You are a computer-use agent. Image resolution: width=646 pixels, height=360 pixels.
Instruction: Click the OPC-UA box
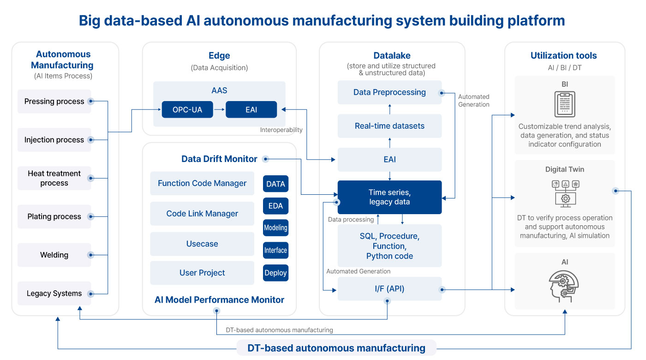[187, 110]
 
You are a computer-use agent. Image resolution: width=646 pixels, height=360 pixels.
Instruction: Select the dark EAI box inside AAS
[251, 110]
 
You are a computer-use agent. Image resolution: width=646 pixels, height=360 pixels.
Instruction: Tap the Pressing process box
[54, 101]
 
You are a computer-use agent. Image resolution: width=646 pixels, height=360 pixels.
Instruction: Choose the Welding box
[54, 255]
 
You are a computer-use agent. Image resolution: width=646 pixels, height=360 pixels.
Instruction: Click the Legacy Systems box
[54, 294]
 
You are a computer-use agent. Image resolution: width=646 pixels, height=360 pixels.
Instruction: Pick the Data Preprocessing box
[389, 92]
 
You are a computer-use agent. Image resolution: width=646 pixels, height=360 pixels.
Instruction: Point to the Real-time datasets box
[389, 126]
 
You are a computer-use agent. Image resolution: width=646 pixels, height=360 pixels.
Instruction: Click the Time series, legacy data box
[389, 198]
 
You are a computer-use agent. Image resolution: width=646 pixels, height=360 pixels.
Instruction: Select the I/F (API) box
[389, 289]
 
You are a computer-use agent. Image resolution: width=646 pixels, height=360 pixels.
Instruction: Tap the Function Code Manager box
[202, 183]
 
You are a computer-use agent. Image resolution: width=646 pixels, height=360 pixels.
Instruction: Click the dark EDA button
[276, 206]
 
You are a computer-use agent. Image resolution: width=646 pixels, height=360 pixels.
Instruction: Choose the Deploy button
[276, 273]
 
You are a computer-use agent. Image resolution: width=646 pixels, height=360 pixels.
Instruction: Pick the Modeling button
[276, 228]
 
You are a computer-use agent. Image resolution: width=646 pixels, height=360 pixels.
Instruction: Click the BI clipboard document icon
[565, 104]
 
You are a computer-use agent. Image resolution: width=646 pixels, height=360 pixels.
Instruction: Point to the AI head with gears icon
[564, 287]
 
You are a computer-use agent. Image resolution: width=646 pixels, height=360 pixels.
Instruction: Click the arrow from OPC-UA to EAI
[219, 110]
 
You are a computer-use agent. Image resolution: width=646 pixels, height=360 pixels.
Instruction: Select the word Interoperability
[281, 130]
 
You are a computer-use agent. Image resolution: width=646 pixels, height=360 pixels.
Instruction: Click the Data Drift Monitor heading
[219, 159]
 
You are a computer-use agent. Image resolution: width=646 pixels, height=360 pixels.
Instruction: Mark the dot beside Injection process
[91, 140]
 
